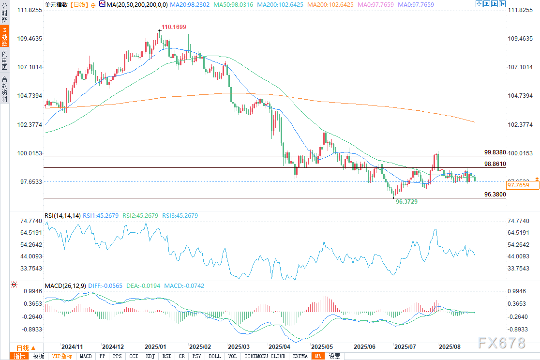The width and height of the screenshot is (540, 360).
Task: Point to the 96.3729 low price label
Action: [x=406, y=201]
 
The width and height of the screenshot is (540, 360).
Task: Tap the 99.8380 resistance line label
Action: [x=495, y=152]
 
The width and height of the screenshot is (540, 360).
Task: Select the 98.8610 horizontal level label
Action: [x=495, y=165]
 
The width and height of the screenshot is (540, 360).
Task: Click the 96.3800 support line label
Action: [x=495, y=195]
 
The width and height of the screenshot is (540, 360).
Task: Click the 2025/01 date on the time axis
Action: [x=155, y=347]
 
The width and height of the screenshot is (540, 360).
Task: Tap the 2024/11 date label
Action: [x=72, y=347]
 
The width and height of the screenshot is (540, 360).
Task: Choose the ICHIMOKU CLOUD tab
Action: [x=265, y=357]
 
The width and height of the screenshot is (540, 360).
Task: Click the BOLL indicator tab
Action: [x=214, y=357]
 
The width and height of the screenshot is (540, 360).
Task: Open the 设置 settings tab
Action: [x=334, y=357]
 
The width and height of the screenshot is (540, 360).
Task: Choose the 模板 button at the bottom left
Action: [x=38, y=357]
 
